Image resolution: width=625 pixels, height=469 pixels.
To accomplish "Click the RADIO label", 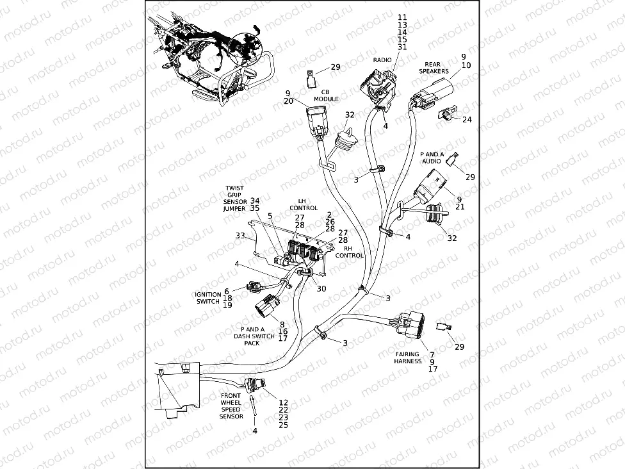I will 382,60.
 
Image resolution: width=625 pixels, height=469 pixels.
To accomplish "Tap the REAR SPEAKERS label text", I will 434,68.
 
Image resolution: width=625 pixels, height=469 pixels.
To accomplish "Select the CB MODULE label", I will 325,95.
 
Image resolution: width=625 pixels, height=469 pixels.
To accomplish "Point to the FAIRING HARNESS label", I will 407,358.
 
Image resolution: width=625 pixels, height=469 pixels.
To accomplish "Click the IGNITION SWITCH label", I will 208,298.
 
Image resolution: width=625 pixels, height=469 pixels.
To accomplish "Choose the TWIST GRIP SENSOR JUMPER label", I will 235,199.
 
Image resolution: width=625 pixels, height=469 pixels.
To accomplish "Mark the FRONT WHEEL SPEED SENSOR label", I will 231,406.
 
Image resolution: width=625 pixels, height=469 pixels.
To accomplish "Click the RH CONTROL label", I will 350,252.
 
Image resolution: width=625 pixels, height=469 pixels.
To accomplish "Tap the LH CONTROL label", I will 303,204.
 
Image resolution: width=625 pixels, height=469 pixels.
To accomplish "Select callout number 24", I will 467,120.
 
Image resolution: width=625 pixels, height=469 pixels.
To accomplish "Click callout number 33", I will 240,236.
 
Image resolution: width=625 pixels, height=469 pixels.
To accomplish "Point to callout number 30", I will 321,288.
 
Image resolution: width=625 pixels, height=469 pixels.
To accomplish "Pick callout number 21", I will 460,207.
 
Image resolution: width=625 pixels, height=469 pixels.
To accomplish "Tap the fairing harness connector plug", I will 406,324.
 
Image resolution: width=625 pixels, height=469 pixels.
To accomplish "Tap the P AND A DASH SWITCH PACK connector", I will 268,307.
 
